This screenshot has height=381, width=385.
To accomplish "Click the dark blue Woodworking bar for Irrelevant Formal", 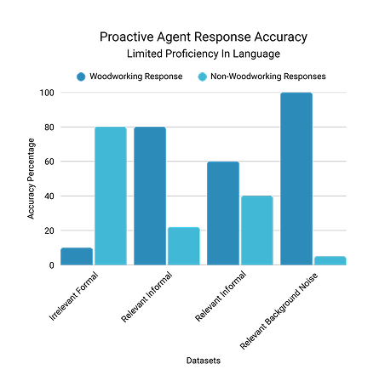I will pos(77,256).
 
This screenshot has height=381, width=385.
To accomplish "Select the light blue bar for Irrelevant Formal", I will pos(110,196).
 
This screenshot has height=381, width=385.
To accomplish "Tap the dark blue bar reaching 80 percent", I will pos(150,196).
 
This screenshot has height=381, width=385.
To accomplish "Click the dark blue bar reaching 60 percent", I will pos(222,213).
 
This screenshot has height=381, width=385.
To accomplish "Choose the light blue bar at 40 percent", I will pos(256,230).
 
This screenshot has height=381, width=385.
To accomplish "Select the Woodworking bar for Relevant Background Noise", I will pos(296,179).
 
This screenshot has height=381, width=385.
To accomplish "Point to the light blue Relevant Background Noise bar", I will pos(329,260).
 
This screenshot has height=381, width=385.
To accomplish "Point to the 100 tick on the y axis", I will pos(46,93).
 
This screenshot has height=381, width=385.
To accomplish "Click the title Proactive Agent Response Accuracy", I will pos(192,37).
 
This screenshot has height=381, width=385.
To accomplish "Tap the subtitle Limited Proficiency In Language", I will pos(192,54).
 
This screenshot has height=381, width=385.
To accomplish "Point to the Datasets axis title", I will pos(204,361).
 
